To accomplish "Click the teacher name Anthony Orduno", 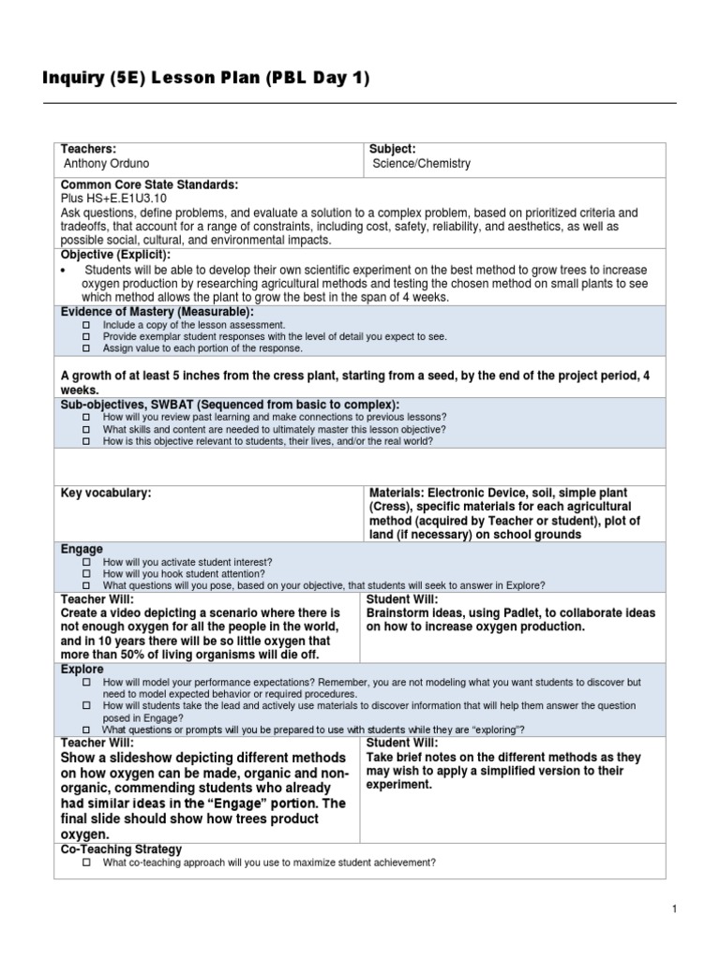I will tap(106, 164).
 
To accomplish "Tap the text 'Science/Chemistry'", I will tap(422, 164).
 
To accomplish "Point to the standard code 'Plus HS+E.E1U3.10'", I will tap(113, 199).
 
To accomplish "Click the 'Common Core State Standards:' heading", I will tap(149, 185).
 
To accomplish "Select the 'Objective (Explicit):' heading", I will tap(115, 255).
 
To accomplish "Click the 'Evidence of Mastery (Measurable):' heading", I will tap(157, 312).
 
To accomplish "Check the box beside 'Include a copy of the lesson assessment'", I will tap(85, 324).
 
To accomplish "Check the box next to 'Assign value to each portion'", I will tap(85, 348).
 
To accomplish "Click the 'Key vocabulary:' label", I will tap(106, 493).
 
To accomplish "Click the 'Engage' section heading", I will tap(82, 549).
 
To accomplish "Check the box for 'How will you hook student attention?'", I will tap(85, 573).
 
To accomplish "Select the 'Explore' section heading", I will tap(82, 671).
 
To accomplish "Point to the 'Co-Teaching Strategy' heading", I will tap(121, 849).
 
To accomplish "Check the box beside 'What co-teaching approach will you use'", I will tap(85, 863).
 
